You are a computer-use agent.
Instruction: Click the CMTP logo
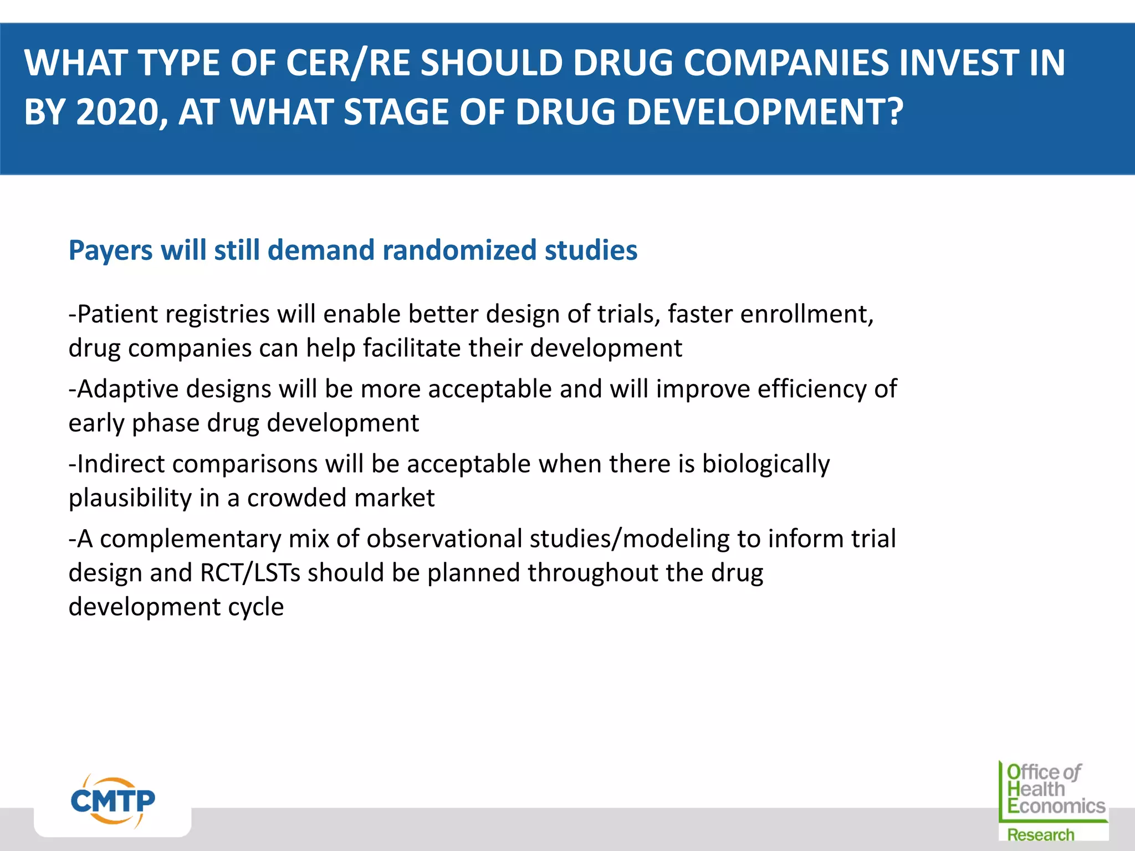[113, 801]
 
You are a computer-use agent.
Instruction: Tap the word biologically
[766, 464]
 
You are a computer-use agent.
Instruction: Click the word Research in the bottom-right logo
[1040, 834]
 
